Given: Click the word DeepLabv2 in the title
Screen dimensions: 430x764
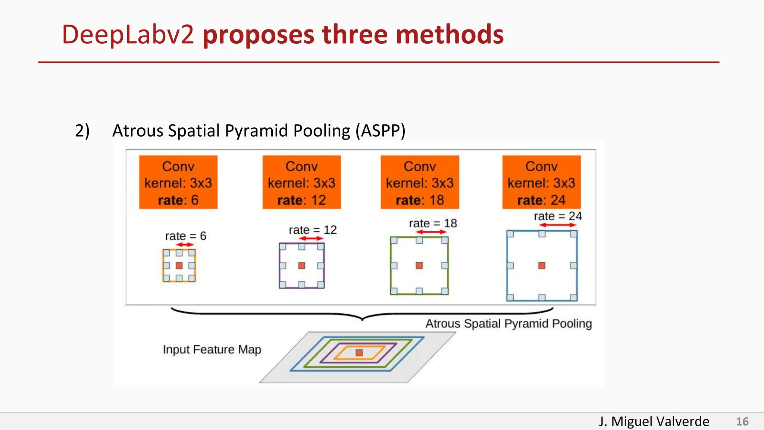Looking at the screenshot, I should [128, 35].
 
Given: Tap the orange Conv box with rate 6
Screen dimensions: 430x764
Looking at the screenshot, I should [178, 182].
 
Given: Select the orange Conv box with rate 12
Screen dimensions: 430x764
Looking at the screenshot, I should [301, 182].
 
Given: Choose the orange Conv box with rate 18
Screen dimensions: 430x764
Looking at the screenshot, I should [420, 182].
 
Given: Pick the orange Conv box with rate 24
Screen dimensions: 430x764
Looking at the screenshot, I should [541, 182].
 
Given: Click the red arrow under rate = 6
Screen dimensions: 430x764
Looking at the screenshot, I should [185, 245].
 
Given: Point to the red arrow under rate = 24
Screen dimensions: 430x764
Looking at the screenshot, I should [558, 225].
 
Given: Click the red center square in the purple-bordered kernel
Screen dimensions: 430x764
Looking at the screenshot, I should [302, 265].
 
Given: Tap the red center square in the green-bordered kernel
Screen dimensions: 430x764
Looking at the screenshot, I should [419, 265].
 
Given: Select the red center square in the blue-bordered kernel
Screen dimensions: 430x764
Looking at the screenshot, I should [542, 265].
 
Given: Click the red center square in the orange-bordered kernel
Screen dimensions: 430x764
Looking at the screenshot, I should [179, 265].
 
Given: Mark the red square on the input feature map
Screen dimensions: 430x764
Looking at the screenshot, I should [359, 353].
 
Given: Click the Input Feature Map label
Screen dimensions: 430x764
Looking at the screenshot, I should [212, 349].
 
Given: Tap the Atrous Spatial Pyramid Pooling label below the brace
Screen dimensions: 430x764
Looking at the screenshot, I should [508, 323].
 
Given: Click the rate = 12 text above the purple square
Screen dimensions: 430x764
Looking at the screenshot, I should [313, 230].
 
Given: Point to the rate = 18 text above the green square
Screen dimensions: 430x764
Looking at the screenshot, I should [433, 223].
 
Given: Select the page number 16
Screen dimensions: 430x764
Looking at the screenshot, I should [742, 421].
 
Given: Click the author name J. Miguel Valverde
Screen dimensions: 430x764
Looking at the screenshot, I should [654, 421].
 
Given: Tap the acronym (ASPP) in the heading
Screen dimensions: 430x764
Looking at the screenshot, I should [380, 131].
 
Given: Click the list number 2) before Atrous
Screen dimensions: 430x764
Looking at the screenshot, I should [82, 131].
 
